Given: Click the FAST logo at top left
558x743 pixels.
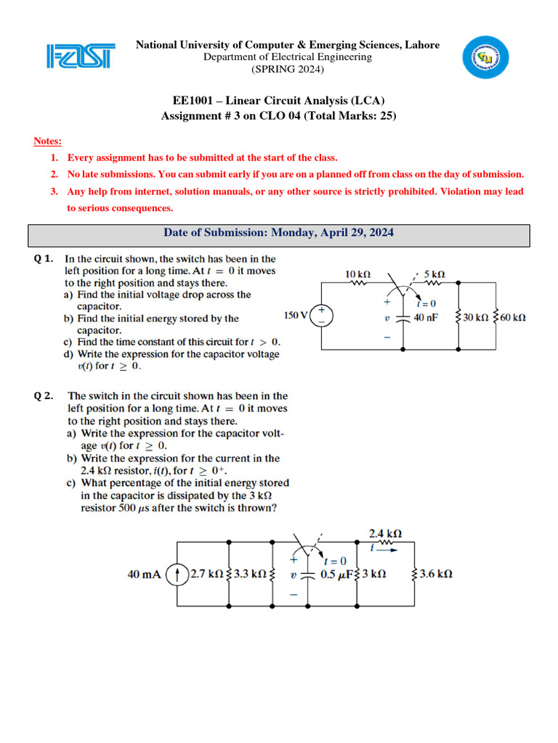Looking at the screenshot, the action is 80,57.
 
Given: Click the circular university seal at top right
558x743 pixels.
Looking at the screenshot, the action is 488,56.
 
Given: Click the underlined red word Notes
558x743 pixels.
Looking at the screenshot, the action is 48,141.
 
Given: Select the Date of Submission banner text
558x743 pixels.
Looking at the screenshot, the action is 279,233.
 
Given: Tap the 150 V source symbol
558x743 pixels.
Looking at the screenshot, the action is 321,316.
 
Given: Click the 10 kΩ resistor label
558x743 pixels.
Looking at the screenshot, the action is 357,275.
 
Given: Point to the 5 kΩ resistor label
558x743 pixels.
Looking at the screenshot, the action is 434,275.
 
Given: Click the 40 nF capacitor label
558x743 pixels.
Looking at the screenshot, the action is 427,317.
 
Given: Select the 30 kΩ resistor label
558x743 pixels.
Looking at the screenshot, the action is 477,317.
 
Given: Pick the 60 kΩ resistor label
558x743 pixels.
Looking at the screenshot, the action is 513,317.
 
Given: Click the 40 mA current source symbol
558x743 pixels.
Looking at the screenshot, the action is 175,574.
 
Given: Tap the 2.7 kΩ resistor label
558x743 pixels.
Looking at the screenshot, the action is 207,574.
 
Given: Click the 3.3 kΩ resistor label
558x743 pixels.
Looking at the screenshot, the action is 248,574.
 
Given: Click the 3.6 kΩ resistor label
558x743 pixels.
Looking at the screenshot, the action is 436,574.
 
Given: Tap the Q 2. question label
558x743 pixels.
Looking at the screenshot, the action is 45,396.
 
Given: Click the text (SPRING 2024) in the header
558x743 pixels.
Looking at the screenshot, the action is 288,70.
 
